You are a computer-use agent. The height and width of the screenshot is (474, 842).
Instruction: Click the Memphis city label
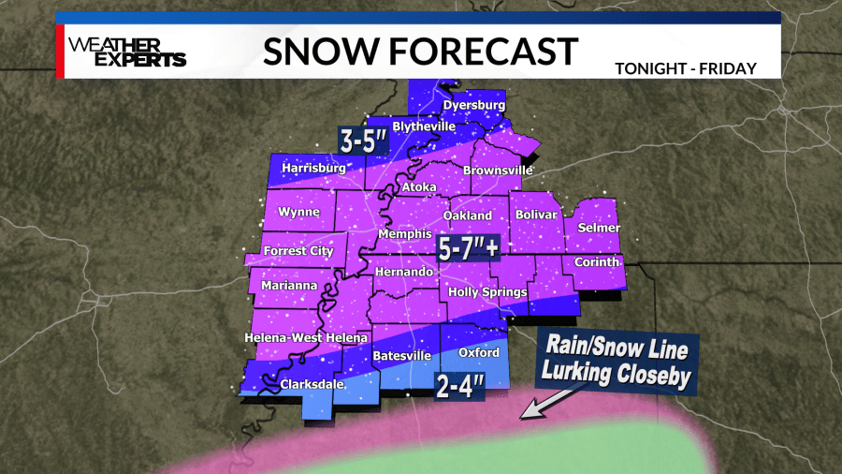[404, 233]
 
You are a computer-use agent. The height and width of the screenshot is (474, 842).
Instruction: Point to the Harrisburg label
[309, 169]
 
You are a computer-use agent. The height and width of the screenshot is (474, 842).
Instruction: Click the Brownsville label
[497, 170]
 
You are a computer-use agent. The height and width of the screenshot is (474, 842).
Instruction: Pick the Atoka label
[418, 187]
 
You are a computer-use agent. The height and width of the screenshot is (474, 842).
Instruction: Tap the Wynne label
[299, 213]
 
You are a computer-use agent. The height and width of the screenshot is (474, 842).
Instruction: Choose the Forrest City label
[298, 251]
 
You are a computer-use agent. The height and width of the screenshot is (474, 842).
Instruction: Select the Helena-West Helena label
[307, 337]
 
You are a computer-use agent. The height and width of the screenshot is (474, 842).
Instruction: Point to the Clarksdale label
[312, 384]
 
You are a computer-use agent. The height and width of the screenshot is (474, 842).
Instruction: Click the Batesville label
[401, 356]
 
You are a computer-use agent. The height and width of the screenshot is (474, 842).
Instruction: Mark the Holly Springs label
[487, 291]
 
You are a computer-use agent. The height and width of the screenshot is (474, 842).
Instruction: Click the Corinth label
[597, 262]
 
